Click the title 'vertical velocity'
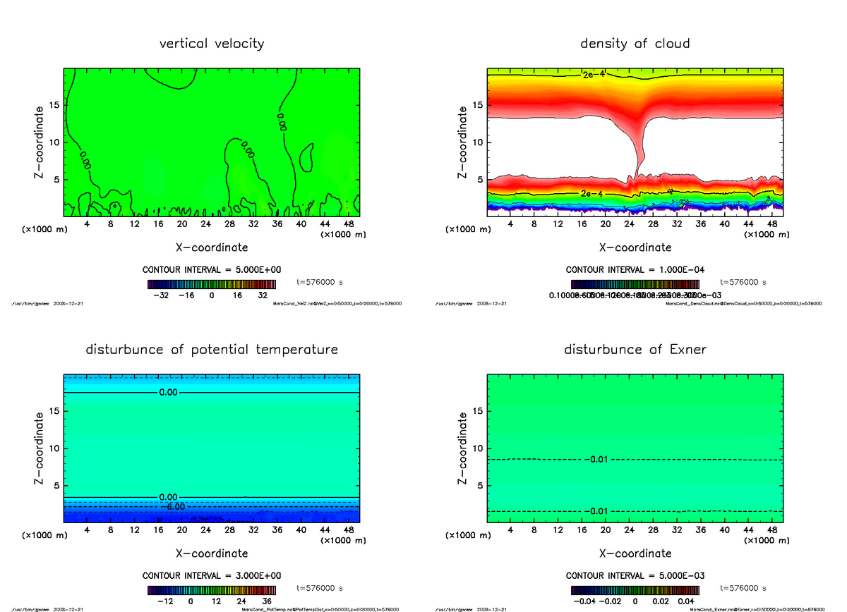click(212, 44)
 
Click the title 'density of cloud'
click(635, 44)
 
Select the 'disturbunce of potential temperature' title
click(212, 350)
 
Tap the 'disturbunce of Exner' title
click(635, 350)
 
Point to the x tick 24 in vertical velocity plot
click(205, 224)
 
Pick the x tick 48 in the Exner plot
click(773, 530)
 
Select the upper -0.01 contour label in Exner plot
click(597, 460)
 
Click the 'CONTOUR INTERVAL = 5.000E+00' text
click(212, 270)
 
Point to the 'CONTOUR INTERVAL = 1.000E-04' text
click(635, 270)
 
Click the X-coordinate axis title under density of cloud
click(635, 247)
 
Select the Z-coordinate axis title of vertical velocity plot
click(41, 142)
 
